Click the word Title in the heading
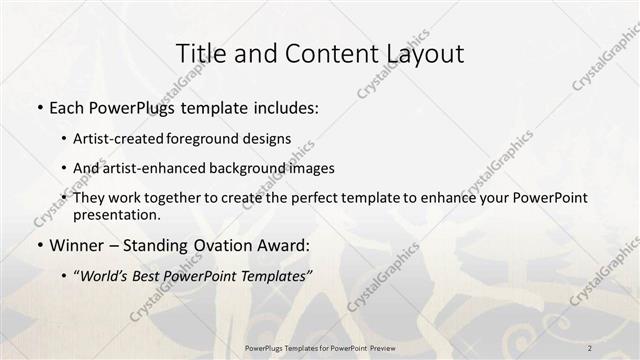[x=199, y=54]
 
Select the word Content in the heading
[x=320, y=54]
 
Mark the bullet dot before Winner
[x=39, y=245]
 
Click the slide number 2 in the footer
[x=590, y=348]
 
